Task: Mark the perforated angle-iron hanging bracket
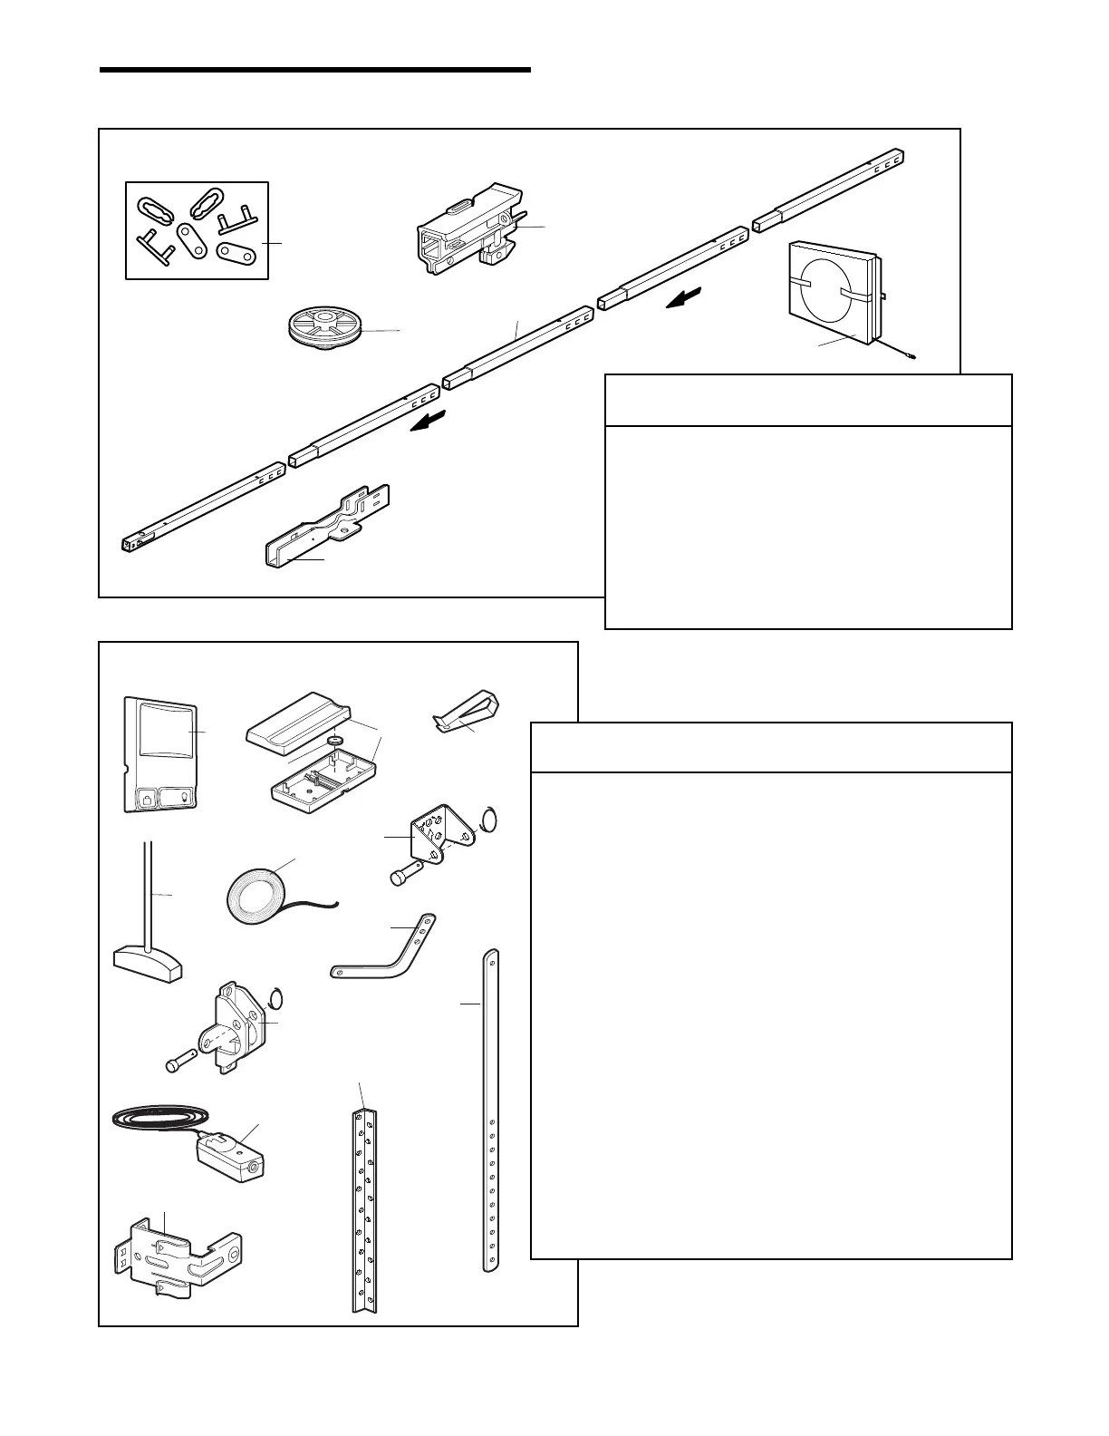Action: tap(364, 1210)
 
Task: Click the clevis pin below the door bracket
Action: tap(402, 877)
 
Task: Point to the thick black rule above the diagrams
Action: tap(313, 69)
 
